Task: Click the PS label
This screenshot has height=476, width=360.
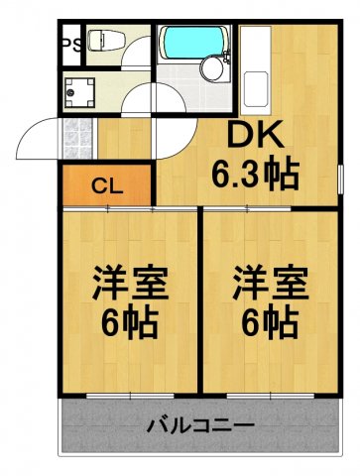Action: (71, 43)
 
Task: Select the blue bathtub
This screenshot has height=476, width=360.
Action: (195, 42)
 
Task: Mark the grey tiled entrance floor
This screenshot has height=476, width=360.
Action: (79, 132)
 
